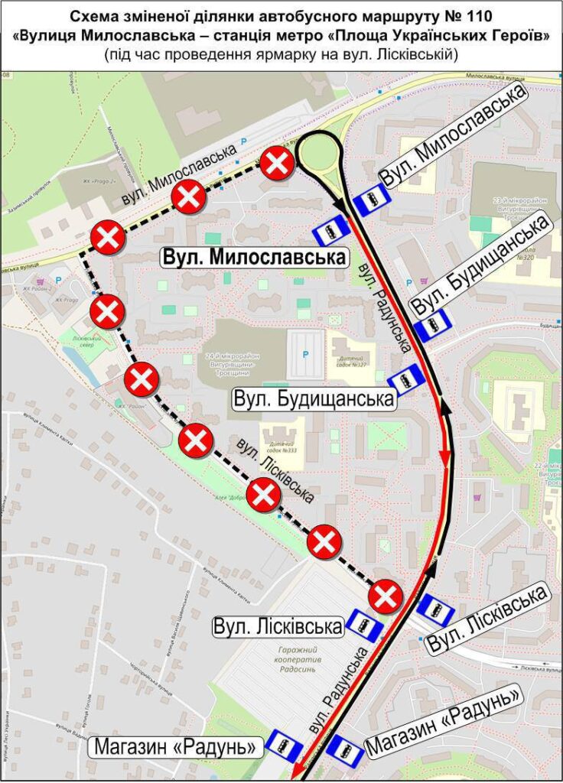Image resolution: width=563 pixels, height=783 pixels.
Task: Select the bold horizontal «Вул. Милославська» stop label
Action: (253, 257)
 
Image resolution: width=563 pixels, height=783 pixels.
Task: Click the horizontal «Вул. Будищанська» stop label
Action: (314, 399)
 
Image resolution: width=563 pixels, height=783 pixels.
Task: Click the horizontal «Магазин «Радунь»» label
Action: (177, 746)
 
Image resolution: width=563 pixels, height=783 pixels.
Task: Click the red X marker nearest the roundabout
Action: (277, 164)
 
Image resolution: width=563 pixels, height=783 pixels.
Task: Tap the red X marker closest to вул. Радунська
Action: (386, 596)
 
